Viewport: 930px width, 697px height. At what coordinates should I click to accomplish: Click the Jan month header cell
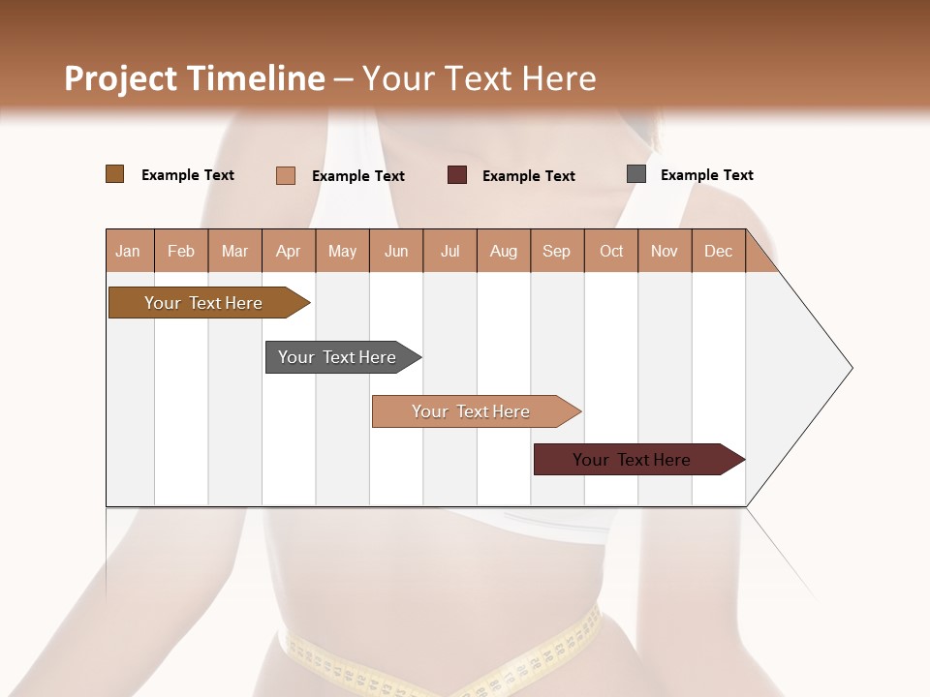point(128,251)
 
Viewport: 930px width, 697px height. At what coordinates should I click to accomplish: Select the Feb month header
point(181,251)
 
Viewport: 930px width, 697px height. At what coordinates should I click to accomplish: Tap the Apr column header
point(288,251)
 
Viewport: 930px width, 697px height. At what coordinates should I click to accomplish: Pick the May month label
point(342,251)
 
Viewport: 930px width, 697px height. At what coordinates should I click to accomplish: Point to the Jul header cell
point(449,251)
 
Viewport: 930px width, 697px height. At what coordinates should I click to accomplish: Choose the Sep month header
point(556,251)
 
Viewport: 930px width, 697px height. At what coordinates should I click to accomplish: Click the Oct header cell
point(611,251)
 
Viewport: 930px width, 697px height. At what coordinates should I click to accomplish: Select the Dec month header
point(718,251)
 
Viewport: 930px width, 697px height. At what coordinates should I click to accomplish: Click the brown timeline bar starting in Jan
point(203,303)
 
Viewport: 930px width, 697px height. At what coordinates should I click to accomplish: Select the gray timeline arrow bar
point(337,357)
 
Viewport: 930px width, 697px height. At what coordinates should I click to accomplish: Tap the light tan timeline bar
point(471,411)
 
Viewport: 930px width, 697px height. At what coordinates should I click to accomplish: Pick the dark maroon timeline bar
point(632,460)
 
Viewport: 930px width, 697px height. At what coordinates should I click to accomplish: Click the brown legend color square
point(114,174)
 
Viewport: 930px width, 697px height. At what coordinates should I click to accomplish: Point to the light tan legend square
point(285,175)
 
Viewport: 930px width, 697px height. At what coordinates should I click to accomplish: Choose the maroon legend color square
point(456,175)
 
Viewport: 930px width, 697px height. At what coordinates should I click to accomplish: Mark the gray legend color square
point(635,174)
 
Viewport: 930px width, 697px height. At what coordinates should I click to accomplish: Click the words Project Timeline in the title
point(194,78)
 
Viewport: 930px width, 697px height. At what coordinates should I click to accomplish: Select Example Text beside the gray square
point(706,175)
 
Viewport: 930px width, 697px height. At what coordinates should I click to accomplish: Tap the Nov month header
point(665,251)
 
